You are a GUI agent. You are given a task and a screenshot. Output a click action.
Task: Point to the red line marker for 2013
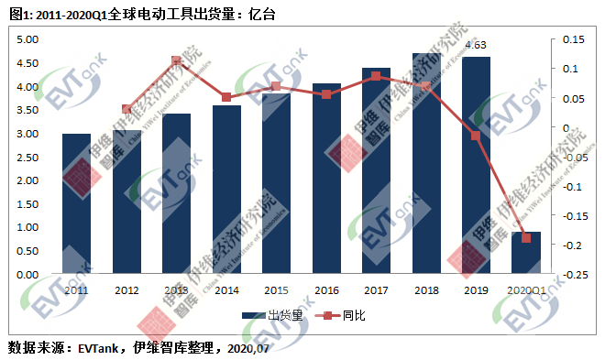tap(177, 61)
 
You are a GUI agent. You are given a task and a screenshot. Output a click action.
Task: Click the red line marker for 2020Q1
tap(526, 238)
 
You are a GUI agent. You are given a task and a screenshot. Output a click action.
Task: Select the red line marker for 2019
tap(476, 136)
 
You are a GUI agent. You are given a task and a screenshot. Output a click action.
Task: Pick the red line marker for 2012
tap(126, 109)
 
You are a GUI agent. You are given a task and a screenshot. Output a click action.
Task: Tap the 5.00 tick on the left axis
tap(27, 39)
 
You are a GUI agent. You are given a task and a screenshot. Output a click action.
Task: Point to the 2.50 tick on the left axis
tap(27, 157)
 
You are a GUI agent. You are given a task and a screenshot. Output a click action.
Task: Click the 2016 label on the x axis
tap(326, 290)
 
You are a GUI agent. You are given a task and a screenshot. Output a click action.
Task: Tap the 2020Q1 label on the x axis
tap(526, 290)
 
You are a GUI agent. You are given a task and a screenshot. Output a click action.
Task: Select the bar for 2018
tap(426, 164)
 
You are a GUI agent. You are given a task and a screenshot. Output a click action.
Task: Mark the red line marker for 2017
tap(377, 76)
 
